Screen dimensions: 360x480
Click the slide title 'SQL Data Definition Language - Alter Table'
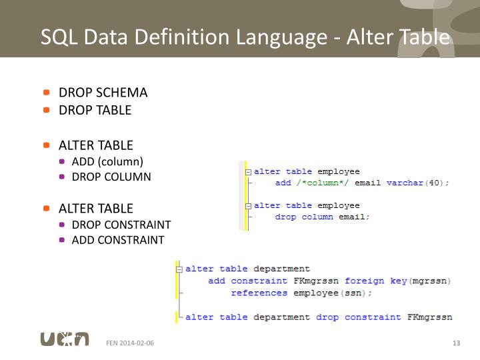pos(245,37)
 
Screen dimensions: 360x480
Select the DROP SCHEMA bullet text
pos(103,93)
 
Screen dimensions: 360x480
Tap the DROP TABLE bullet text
pos(95,110)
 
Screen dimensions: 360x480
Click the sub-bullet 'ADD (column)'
pos(107,161)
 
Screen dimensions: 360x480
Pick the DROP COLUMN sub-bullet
pos(111,177)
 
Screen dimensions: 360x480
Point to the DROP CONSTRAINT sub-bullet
pos(121,225)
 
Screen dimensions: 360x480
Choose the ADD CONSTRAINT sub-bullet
pos(118,240)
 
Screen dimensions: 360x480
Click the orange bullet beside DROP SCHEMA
pos(47,93)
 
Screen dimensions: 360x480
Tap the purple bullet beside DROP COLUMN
pos(62,177)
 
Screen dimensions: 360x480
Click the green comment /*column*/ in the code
pos(322,183)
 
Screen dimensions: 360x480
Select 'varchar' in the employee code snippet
pos(405,183)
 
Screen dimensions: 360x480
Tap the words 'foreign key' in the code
pos(375,281)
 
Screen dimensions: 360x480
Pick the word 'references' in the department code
pos(259,293)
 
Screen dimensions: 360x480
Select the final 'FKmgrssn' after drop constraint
pos(429,317)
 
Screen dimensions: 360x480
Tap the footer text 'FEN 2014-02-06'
pos(130,343)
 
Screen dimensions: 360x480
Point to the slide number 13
pos(456,343)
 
